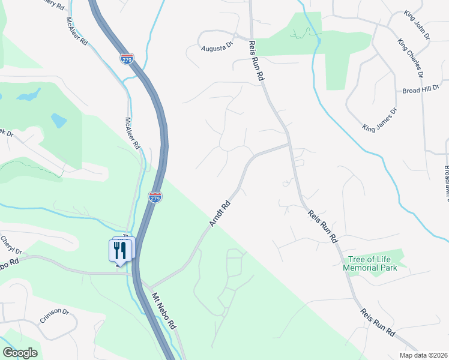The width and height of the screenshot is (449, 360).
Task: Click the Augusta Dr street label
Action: [x=216, y=46]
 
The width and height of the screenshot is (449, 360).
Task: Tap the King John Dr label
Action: [x=417, y=24]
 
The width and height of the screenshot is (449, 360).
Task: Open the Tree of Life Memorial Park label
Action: [x=372, y=263]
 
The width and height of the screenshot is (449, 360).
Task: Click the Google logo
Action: [x=20, y=353]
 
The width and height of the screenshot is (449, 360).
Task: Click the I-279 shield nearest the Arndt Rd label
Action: [x=155, y=197]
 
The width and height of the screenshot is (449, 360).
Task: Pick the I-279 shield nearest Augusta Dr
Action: [x=127, y=59]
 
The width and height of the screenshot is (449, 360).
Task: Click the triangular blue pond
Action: [x=58, y=120]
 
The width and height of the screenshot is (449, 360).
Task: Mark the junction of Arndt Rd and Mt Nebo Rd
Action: [x=149, y=287]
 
